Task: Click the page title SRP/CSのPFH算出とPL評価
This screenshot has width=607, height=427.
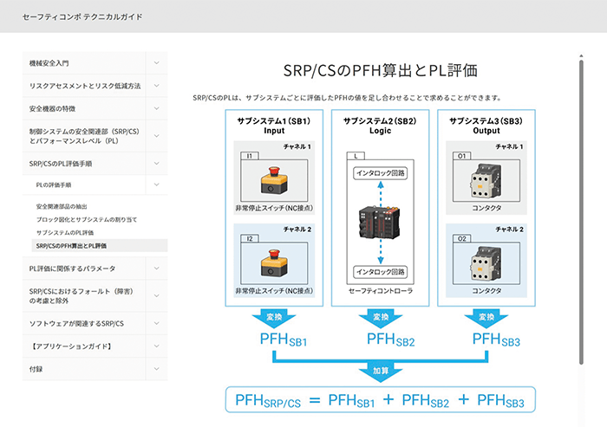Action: point(380,70)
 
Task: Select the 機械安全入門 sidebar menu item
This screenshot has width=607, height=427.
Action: point(49,63)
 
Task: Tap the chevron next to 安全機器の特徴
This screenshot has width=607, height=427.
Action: point(156,108)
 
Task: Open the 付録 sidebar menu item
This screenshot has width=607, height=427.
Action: point(36,369)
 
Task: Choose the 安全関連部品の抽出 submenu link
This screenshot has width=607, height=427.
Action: point(62,206)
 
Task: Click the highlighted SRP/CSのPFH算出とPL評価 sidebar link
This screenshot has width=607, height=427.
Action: point(71,246)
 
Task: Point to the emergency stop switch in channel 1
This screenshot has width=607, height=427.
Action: point(274,180)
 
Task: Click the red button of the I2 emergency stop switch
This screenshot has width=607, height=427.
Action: point(274,254)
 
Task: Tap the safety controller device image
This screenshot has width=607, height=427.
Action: point(380,223)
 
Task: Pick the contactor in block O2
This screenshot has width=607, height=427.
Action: point(486,263)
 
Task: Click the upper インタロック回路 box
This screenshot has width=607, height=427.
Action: point(380,173)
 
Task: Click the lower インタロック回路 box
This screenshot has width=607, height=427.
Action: point(380,272)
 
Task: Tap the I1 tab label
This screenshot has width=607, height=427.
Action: point(250,156)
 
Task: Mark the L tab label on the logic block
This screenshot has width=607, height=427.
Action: point(356,156)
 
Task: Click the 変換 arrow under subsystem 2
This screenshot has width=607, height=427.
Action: point(381,318)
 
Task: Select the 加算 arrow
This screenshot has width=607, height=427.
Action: point(381,372)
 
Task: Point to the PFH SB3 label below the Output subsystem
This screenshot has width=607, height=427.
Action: point(496,340)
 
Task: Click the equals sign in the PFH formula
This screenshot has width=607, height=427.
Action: point(315,400)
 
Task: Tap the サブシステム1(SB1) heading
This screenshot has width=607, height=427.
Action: point(274,121)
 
